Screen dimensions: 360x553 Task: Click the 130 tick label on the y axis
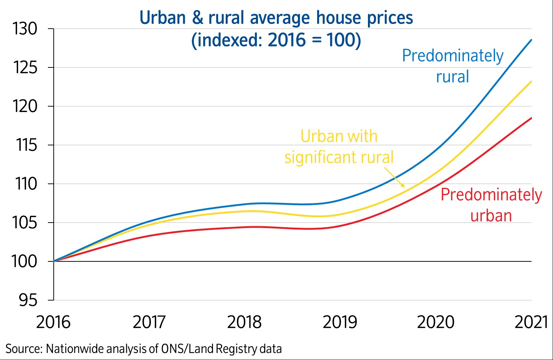pyautogui.click(x=25, y=29)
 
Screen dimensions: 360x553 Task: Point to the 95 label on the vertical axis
pyautogui.click(x=28, y=300)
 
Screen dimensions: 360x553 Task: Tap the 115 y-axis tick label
pyautogui.click(x=26, y=145)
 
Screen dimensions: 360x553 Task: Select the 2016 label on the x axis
pyautogui.click(x=53, y=322)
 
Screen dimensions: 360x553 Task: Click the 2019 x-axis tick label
pyautogui.click(x=340, y=322)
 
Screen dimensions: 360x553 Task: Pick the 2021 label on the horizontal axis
pyautogui.click(x=531, y=322)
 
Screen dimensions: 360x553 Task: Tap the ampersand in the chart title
pyautogui.click(x=198, y=18)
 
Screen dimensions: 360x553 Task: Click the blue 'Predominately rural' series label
pyautogui.click(x=452, y=66)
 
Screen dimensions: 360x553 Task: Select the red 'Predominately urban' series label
pyautogui.click(x=491, y=205)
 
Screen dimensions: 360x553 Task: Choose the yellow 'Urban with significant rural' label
pyautogui.click(x=339, y=147)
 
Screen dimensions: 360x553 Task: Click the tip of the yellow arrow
pyautogui.click(x=404, y=187)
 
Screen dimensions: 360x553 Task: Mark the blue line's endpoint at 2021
pyautogui.click(x=532, y=40)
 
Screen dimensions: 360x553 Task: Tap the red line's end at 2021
pyautogui.click(x=532, y=118)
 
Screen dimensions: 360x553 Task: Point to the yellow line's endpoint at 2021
pyautogui.click(x=532, y=81)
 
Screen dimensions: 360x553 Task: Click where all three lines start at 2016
pyautogui.click(x=54, y=261)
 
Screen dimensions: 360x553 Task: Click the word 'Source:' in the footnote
pyautogui.click(x=24, y=349)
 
